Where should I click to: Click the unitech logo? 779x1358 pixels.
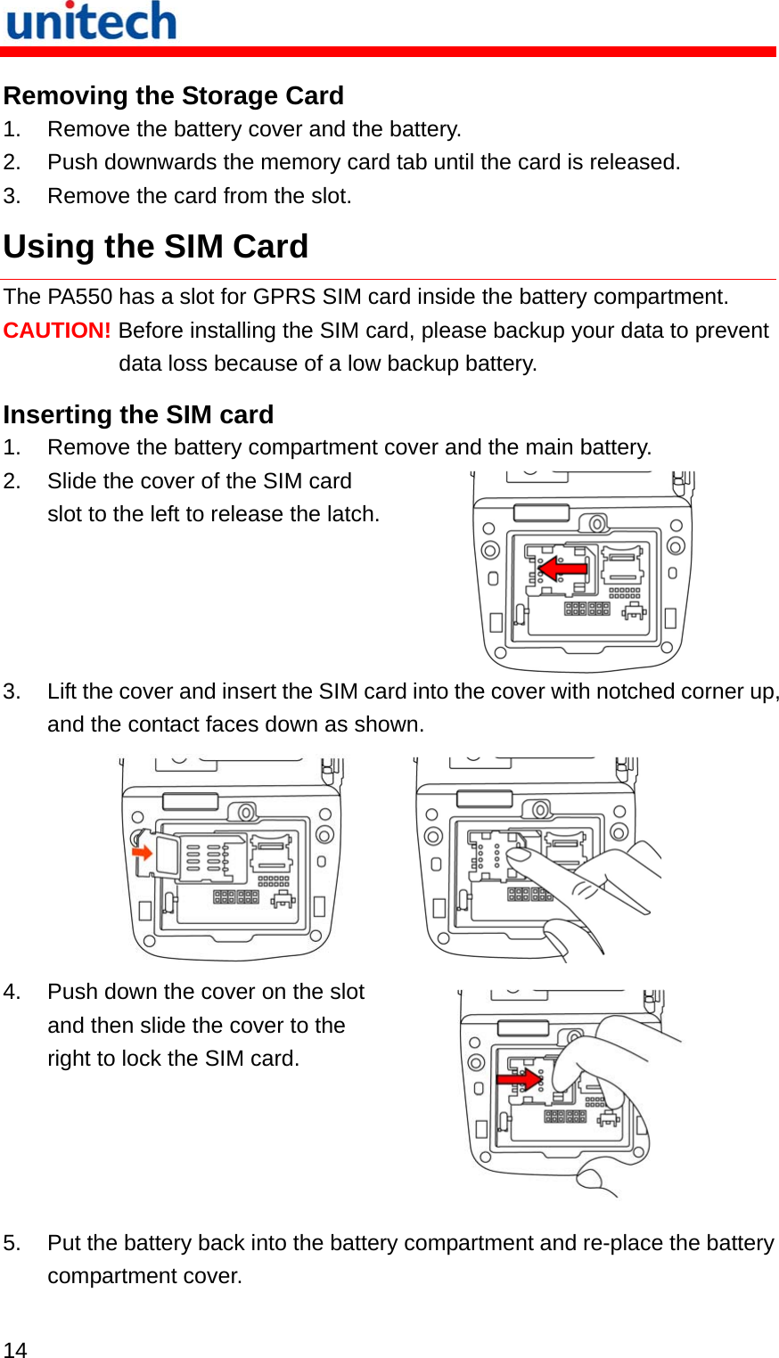pos(91,21)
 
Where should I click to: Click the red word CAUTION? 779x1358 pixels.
pos(57,331)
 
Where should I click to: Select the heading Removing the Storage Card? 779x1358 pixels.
pos(174,95)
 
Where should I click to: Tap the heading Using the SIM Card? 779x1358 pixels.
pos(156,247)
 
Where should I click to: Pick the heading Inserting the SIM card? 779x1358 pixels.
pos(138,414)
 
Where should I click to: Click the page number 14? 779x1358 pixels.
pos(15,1349)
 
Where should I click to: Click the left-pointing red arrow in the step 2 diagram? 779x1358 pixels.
pos(563,568)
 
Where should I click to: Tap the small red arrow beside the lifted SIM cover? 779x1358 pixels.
pos(143,853)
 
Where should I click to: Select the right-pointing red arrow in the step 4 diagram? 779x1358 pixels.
pos(520,1079)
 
